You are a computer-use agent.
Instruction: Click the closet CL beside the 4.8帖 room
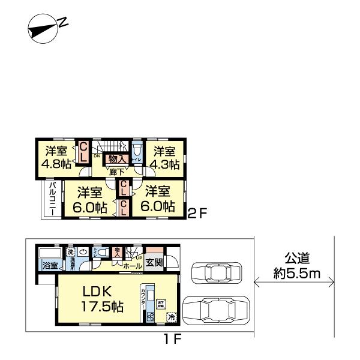(x=83, y=152)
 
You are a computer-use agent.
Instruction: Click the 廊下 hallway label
(x=117, y=172)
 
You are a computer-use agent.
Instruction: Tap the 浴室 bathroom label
(x=49, y=265)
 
